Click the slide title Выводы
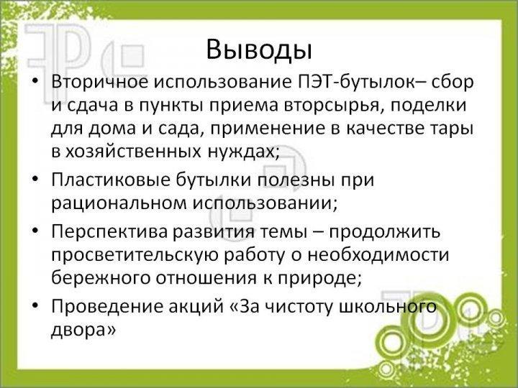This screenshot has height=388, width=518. point(259,50)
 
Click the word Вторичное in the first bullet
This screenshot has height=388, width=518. point(100,82)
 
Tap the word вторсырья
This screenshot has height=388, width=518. point(333,106)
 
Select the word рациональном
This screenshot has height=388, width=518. point(119,203)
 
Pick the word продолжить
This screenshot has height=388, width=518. point(384,232)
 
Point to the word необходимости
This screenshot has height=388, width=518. point(378,255)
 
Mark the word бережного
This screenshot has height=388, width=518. point(101,278)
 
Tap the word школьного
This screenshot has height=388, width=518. point(388,307)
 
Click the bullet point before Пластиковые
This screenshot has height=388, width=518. point(36,178)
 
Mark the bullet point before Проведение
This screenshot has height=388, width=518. point(36,305)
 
